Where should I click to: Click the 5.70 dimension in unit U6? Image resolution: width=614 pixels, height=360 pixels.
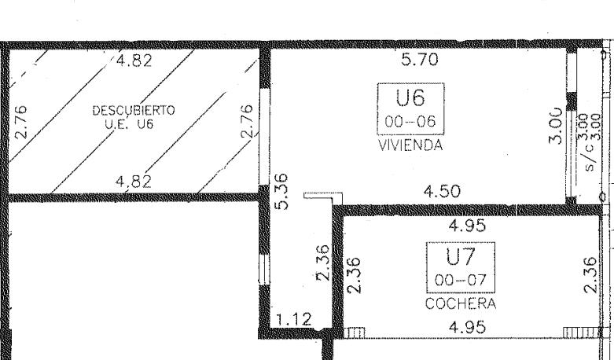[x=420, y=60]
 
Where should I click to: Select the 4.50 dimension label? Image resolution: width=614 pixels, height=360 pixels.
[x=442, y=191]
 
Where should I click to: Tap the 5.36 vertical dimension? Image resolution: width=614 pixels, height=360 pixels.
[x=282, y=191]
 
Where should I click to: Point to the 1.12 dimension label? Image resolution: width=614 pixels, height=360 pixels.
[x=294, y=319]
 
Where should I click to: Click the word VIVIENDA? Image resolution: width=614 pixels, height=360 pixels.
[x=410, y=145]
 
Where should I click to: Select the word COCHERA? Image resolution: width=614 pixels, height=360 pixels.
[x=461, y=303]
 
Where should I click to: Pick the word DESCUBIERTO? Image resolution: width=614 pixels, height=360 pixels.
[x=134, y=110]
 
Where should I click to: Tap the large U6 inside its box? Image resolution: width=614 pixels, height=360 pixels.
[x=410, y=97]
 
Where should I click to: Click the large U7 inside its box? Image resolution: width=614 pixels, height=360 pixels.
[x=461, y=256]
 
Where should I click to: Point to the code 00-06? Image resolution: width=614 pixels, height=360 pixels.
[x=410, y=121]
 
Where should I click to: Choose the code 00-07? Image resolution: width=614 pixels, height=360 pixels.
[x=461, y=280]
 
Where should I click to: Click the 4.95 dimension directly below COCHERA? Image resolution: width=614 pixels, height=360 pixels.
[x=468, y=327]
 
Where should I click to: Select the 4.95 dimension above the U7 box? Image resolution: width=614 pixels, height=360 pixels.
[x=468, y=226]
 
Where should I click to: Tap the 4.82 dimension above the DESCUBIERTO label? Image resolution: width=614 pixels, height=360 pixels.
[x=134, y=61]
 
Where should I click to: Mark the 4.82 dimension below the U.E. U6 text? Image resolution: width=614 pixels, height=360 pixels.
[x=134, y=182]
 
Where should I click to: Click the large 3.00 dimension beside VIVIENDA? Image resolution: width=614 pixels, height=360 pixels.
[x=557, y=126]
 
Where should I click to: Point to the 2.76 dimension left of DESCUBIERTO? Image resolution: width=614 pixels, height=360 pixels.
[x=20, y=122]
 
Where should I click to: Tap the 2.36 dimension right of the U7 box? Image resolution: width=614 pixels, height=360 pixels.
[x=590, y=274]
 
